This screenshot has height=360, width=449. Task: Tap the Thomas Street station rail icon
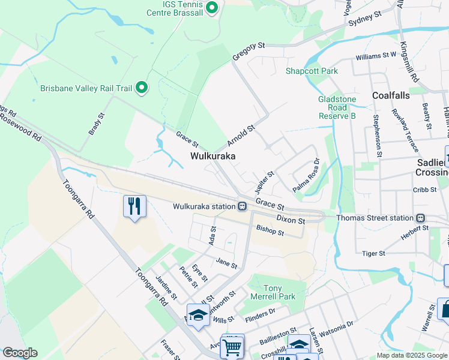[x=421, y=218]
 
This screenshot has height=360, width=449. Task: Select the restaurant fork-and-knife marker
[x=134, y=206]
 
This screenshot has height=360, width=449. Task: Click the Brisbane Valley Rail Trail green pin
[x=142, y=88]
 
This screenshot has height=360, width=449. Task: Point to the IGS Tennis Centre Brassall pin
[x=211, y=8]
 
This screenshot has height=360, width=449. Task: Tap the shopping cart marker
[x=232, y=346]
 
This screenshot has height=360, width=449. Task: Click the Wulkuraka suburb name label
[x=212, y=155]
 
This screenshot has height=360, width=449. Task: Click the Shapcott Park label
[x=312, y=71]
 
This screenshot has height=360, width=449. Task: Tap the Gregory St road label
[x=249, y=52]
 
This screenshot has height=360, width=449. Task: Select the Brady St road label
[x=97, y=124]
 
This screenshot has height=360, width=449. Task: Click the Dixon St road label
[x=291, y=220]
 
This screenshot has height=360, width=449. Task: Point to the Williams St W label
[x=376, y=55]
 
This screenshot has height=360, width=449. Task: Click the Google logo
[x=20, y=353]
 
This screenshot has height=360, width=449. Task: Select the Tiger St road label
[x=373, y=254]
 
